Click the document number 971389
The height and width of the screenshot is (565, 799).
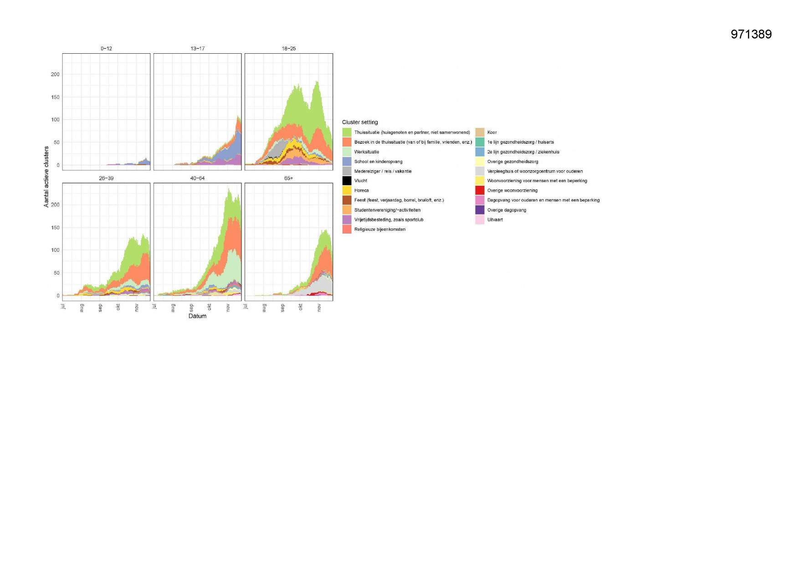(x=751, y=34)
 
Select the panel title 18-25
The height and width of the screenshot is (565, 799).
(x=289, y=48)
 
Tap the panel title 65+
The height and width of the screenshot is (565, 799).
(x=289, y=178)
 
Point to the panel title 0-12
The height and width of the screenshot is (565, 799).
(x=106, y=48)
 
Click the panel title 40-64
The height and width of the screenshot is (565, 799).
(x=197, y=178)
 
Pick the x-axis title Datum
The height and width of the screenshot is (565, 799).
(x=197, y=316)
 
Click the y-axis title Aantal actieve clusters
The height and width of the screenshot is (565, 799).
(x=46, y=177)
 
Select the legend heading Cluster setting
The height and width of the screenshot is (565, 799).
(x=360, y=122)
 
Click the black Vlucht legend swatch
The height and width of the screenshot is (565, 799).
(x=347, y=181)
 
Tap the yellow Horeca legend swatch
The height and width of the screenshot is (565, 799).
(x=347, y=190)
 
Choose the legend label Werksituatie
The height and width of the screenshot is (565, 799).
(x=367, y=152)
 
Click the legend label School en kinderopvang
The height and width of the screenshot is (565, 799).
(x=378, y=162)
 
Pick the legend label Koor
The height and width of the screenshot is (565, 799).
(x=492, y=132)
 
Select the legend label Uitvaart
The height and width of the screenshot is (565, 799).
(x=495, y=219)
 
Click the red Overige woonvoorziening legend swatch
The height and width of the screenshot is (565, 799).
(x=480, y=190)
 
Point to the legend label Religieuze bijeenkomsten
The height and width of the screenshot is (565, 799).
(x=379, y=229)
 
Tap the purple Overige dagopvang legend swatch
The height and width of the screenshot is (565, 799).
(x=480, y=210)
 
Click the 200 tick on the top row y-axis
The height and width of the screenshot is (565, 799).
(x=55, y=74)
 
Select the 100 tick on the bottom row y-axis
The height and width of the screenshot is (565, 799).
(x=55, y=250)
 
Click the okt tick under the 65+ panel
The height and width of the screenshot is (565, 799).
(x=301, y=307)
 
